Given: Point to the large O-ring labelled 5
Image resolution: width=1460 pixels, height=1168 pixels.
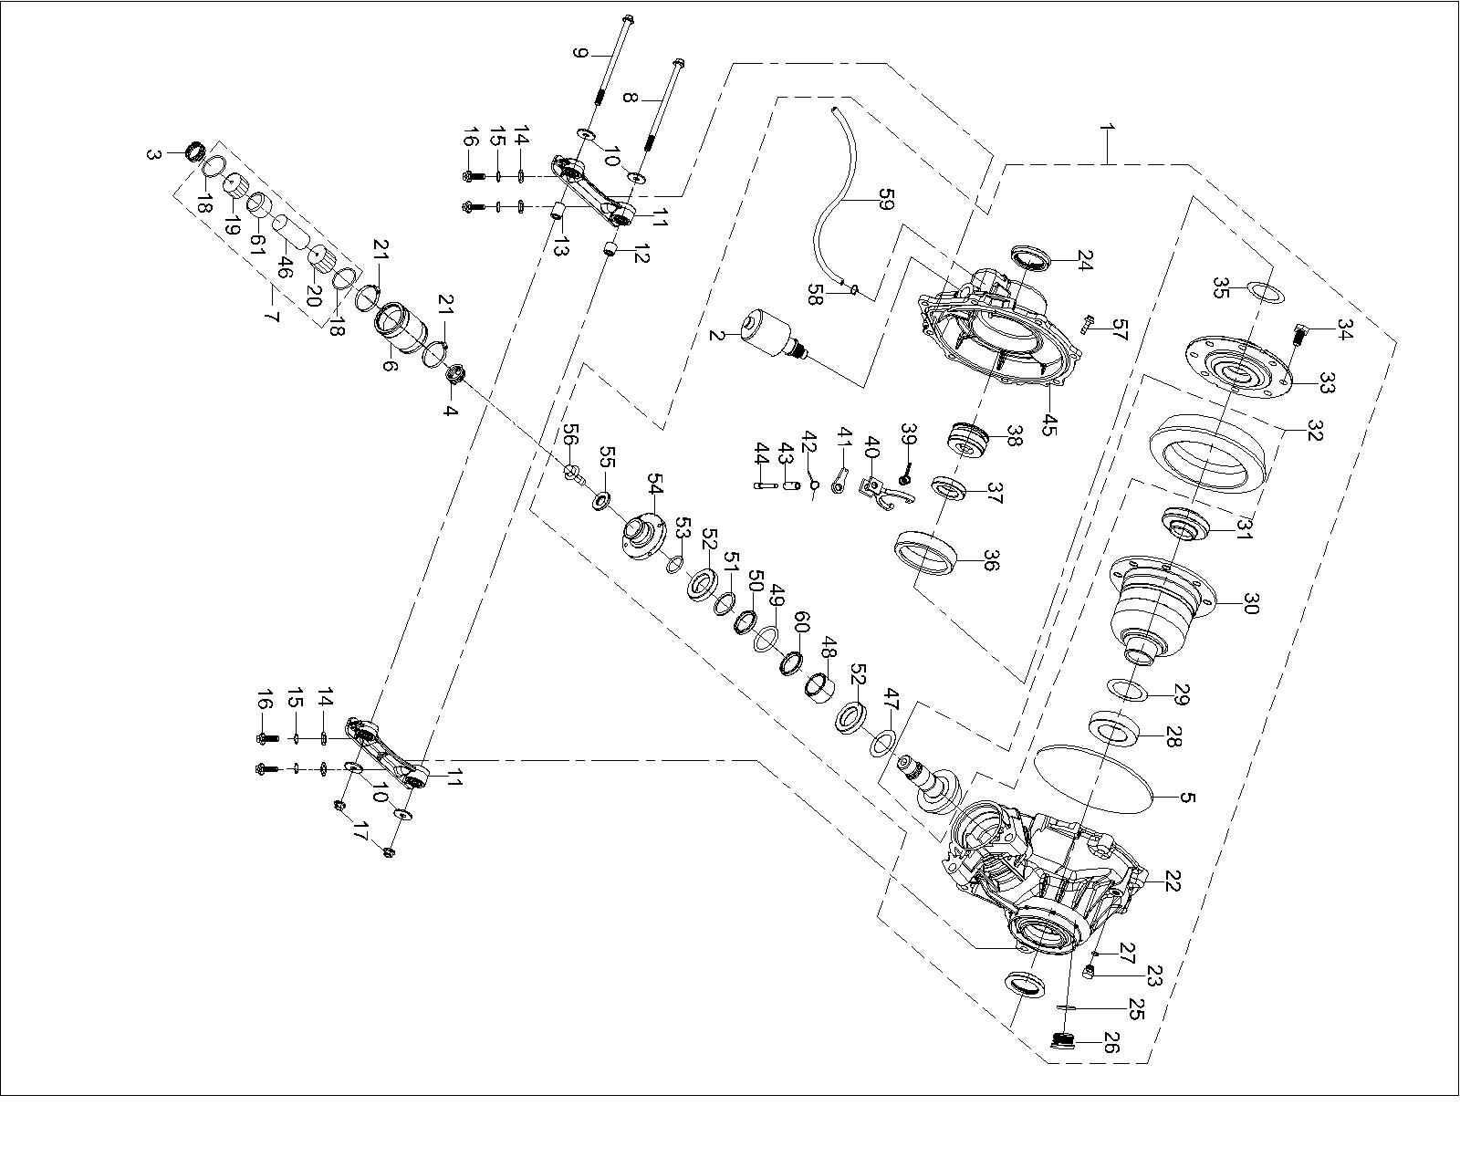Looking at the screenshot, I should (1095, 776).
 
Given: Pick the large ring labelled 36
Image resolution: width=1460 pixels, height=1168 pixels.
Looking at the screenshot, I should (925, 552).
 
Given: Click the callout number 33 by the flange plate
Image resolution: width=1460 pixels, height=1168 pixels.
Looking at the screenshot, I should (1326, 385).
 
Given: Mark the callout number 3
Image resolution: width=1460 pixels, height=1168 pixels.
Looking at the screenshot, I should (152, 153).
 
